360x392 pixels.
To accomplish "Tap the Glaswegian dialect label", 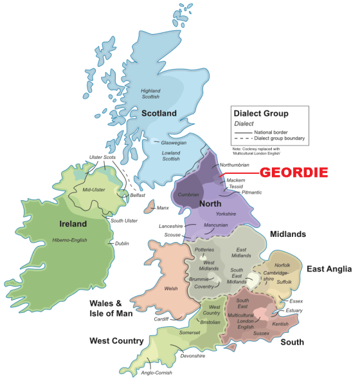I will pos(174,143).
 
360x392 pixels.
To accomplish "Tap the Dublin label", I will pos(122,243).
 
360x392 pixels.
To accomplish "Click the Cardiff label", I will pos(161,319).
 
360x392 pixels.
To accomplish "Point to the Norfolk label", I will pos(283,265).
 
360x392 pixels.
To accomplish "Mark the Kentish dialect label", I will pos(281,324).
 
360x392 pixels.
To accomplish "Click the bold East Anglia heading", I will pos(329,268).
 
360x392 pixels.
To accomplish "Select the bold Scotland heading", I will pos(159,113).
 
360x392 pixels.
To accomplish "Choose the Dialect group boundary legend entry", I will pos(280,139).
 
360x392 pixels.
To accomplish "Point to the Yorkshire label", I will pos(226,213).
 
